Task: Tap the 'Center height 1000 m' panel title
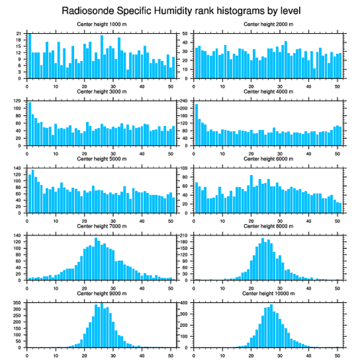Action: coord(101,24)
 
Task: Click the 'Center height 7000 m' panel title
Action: coord(101,226)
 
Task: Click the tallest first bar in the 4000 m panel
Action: coord(197,125)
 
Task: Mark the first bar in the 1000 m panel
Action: coord(30,56)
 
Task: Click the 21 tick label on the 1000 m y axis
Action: coord(19,34)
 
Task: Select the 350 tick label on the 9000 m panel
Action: coord(18,303)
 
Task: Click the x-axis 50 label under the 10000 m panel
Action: coord(337,354)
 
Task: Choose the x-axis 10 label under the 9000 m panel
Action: coord(56,354)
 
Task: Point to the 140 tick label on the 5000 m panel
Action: coord(18,168)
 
